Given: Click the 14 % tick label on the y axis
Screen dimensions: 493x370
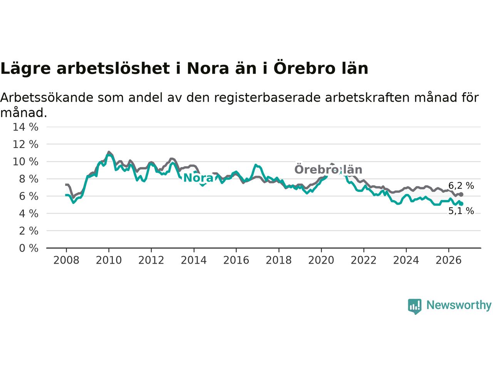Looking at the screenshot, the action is tap(25, 127).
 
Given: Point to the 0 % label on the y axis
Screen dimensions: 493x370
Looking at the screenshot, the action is tap(29, 248).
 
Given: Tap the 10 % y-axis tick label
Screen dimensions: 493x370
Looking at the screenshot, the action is tap(25, 162).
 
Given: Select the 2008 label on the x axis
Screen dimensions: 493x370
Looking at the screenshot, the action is tap(66, 261).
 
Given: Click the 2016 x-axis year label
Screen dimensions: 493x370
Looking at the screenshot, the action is tap(236, 261).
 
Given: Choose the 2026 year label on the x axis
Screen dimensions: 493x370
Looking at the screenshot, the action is tap(449, 261).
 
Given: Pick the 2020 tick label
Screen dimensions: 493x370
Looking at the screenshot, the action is tap(321, 261).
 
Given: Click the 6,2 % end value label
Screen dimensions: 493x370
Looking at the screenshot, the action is tap(461, 185).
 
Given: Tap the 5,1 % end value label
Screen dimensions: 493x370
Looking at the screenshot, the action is tap(461, 211).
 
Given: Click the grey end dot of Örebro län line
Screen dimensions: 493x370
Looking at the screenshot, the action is tap(461, 195).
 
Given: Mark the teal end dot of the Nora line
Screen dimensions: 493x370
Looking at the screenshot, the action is tap(461, 204).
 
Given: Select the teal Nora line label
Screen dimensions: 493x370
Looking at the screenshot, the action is tap(198, 178).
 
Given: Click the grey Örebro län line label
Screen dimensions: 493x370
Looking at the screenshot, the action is tap(328, 170).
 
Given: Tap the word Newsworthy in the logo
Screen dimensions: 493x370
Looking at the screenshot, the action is tap(459, 305).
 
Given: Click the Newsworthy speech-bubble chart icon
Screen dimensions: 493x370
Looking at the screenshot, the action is tap(414, 306).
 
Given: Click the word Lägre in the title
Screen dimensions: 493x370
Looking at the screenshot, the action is tap(25, 69).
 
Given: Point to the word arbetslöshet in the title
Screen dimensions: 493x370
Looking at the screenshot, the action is tap(113, 68).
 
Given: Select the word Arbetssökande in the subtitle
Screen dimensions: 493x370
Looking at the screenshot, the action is tap(47, 98).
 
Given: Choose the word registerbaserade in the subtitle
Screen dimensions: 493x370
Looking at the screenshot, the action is tap(267, 98).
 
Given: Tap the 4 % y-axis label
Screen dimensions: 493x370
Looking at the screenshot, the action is tap(29, 214).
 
